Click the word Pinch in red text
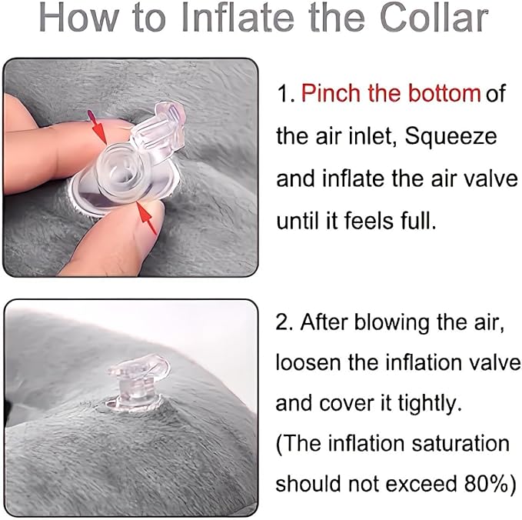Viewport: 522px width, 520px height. tap(330, 95)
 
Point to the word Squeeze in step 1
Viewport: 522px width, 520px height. tap(451, 138)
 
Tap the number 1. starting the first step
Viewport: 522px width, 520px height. tap(285, 95)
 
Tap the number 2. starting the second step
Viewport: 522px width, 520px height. tap(285, 322)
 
